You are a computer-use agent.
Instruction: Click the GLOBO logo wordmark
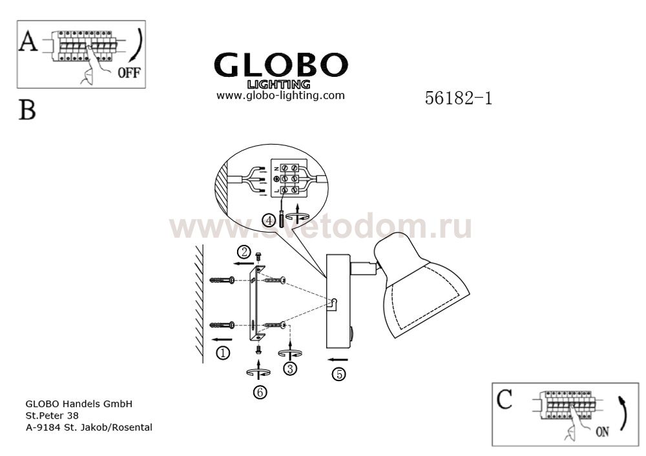tap(281, 65)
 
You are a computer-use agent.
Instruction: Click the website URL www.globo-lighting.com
tap(280, 96)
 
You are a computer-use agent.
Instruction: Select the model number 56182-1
tap(459, 98)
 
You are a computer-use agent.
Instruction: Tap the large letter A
tap(28, 41)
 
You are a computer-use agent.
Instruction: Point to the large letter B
tap(27, 110)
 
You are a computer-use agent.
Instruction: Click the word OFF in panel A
tap(129, 73)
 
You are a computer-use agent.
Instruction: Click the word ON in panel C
tap(602, 432)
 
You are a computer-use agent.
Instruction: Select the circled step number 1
tap(223, 353)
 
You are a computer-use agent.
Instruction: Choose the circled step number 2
tap(244, 252)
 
